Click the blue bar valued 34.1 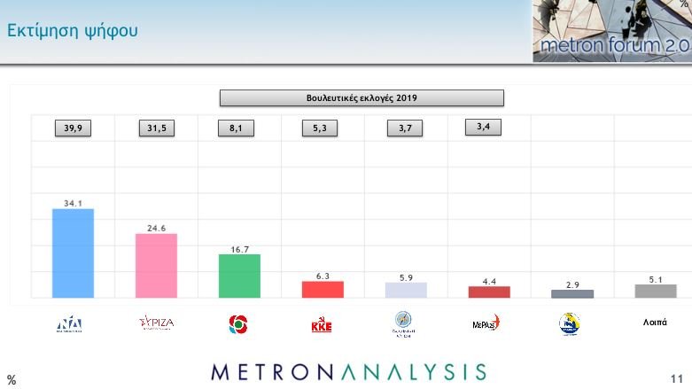point(74,253)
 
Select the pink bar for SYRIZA point(156,266)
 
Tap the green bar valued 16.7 point(239,276)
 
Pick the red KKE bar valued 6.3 point(323,290)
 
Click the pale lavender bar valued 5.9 point(406,290)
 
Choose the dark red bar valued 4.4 point(489,292)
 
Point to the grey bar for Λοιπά point(656,291)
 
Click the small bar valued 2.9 point(572,293)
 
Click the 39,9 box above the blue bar point(73,128)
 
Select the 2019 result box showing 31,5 point(156,128)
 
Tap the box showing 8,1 point(237,128)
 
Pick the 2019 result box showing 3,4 point(483,127)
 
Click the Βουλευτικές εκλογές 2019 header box point(362,97)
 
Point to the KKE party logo point(321,325)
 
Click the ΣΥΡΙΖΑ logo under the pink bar point(157,323)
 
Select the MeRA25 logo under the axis point(486,323)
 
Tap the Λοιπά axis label point(655,323)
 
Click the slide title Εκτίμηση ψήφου point(73,32)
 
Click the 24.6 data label point(156,228)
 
